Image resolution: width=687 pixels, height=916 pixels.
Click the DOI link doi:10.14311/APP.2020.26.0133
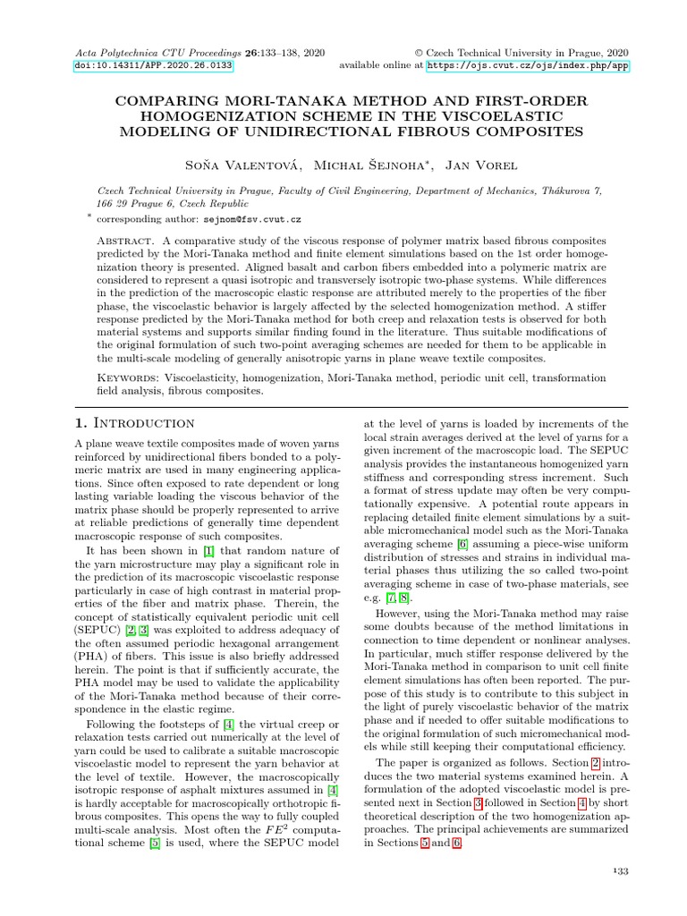click(152, 65)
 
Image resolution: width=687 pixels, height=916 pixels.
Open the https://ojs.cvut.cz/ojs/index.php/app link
click(529, 65)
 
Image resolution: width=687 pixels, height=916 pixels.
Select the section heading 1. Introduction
click(133, 422)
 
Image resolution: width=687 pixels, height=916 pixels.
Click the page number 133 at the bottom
click(620, 872)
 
